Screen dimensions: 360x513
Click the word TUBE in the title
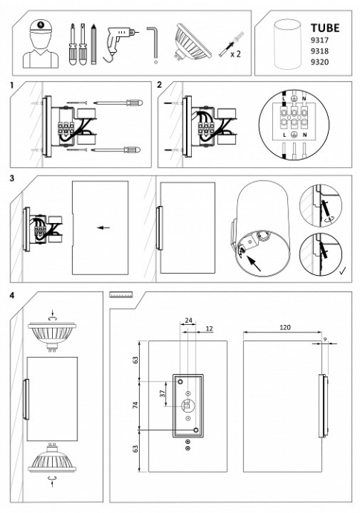pos(325,28)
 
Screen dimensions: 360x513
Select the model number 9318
pos(319,51)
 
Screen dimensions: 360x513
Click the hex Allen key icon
pos(152,45)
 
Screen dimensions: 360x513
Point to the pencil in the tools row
pos(94,44)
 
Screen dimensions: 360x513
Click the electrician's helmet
pos(41,27)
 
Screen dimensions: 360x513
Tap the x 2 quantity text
pos(236,54)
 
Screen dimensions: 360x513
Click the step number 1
pos(12,85)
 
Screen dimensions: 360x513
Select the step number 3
pos(12,178)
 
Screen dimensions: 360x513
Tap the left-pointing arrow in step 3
pos(103,228)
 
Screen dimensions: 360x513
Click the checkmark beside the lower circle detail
pos(343,271)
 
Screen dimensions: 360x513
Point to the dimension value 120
pos(285,327)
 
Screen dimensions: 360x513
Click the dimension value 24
pos(188,320)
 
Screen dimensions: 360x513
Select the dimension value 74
pos(135,404)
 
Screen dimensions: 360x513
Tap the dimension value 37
pos(163,393)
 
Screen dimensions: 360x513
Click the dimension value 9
pos(324,340)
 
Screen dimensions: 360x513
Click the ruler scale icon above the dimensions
pos(120,294)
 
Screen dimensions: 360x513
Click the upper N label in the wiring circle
pos(303,98)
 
